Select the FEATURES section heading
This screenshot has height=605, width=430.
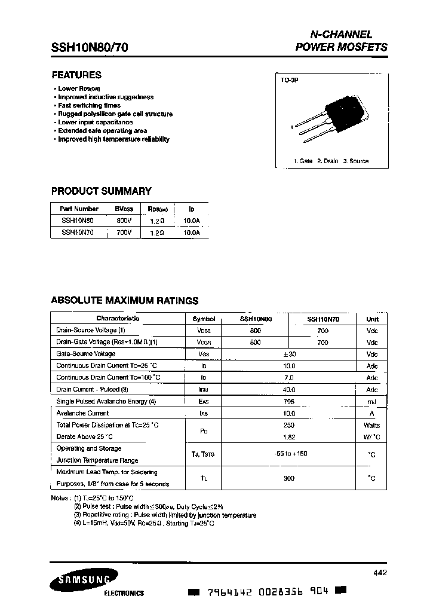pyautogui.click(x=76, y=75)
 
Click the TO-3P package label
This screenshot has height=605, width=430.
pyautogui.click(x=289, y=80)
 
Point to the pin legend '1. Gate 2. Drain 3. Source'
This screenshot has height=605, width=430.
pyautogui.click(x=331, y=161)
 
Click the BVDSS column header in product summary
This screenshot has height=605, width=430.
pyautogui.click(x=124, y=209)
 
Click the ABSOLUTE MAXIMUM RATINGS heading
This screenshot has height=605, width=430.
pyautogui.click(x=124, y=301)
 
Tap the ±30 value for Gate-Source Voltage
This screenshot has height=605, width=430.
pyautogui.click(x=289, y=354)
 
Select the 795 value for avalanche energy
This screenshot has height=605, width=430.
pyautogui.click(x=289, y=401)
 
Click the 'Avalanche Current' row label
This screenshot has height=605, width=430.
pyautogui.click(x=82, y=413)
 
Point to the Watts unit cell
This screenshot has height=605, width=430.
pyautogui.click(x=372, y=425)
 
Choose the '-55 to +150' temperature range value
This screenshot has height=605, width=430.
pyautogui.click(x=289, y=454)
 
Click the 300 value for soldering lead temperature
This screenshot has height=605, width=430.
pyautogui.click(x=289, y=478)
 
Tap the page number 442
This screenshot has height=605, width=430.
pyautogui.click(x=379, y=573)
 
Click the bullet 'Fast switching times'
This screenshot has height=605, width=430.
pyautogui.click(x=89, y=105)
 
